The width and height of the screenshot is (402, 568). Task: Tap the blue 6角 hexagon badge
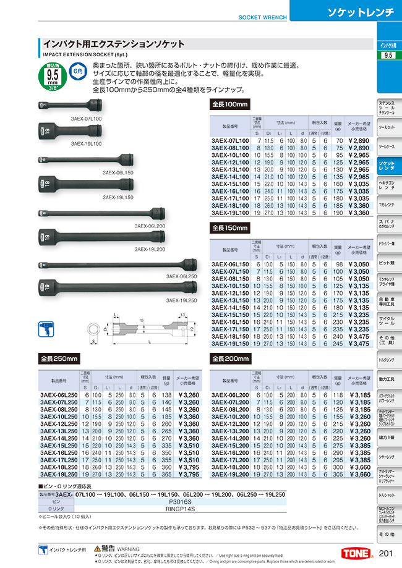(77, 72)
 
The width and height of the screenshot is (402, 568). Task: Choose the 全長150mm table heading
(231, 228)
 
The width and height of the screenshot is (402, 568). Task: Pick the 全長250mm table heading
(59, 358)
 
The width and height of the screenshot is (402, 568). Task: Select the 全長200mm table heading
(231, 358)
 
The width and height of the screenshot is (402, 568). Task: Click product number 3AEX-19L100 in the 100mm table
(231, 213)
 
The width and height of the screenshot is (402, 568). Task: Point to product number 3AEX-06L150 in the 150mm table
(231, 265)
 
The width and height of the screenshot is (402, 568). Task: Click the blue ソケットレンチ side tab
(387, 165)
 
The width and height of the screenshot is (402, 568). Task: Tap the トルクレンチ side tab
(387, 359)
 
